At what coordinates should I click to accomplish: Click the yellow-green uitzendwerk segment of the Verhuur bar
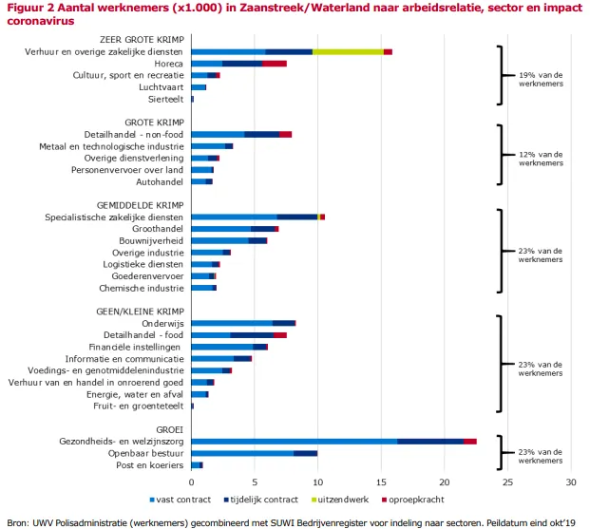click(348, 51)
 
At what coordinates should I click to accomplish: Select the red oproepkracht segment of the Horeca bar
click(275, 64)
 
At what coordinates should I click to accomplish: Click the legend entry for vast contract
click(180, 498)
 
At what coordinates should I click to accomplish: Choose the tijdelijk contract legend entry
click(256, 498)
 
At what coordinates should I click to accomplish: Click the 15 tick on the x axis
click(381, 482)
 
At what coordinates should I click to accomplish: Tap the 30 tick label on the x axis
click(571, 482)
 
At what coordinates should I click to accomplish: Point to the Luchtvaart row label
click(161, 87)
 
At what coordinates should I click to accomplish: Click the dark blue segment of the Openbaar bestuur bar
click(305, 453)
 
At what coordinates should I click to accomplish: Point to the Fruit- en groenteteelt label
click(135, 406)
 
